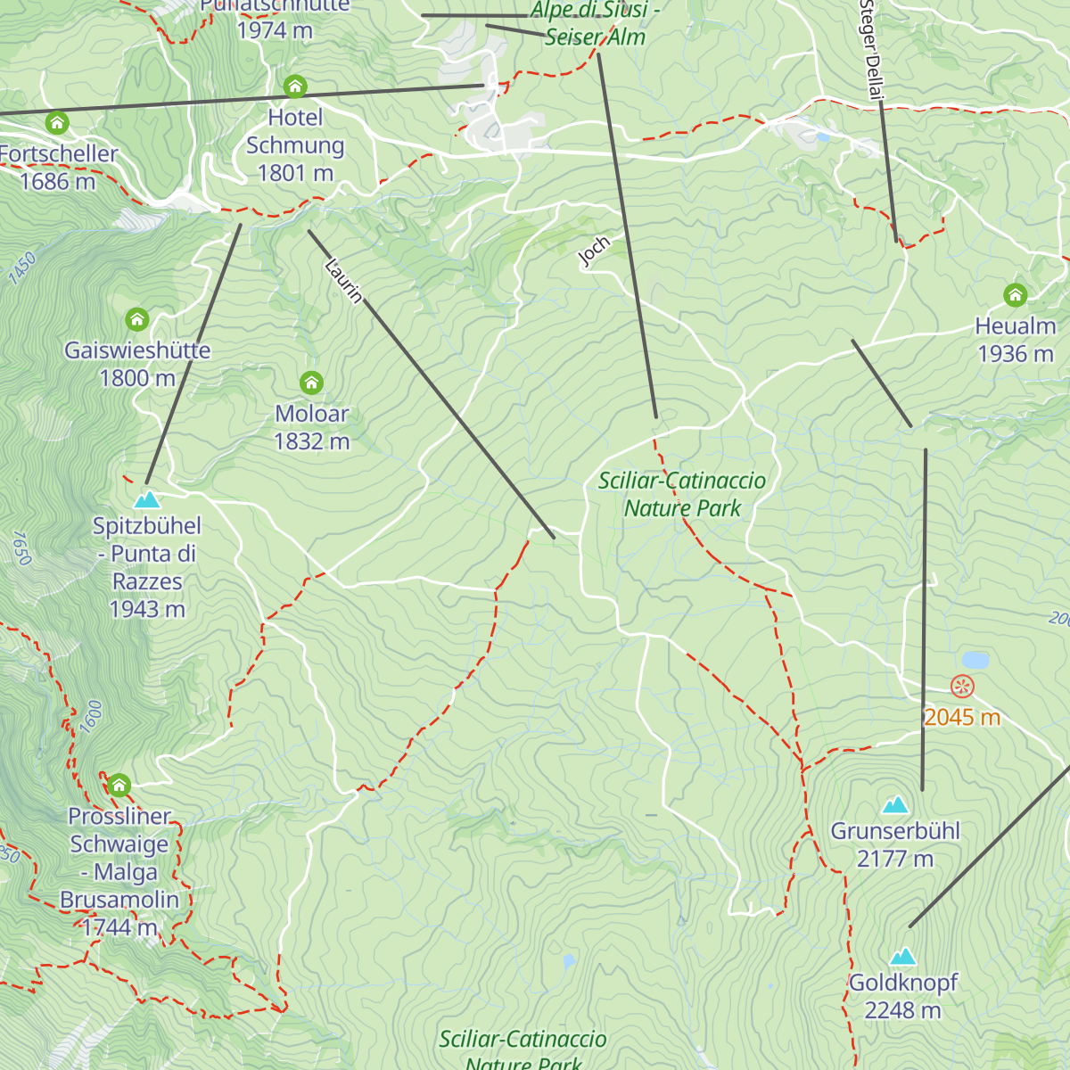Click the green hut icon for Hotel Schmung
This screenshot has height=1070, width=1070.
(295, 86)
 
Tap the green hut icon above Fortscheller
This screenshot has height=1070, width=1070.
(57, 122)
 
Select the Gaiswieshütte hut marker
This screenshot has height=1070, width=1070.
(136, 319)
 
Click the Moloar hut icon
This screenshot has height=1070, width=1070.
(311, 383)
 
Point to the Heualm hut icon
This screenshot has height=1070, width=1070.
(1015, 295)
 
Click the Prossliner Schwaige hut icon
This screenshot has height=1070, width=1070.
(119, 786)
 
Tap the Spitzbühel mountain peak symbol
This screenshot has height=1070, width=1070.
(147, 499)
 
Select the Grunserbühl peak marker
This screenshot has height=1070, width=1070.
(895, 805)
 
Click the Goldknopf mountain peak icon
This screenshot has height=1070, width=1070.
(903, 957)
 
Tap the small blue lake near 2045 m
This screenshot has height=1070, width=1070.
(975, 660)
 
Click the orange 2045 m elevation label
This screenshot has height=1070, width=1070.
(962, 717)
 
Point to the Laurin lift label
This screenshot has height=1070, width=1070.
(344, 280)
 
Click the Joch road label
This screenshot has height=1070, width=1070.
(595, 251)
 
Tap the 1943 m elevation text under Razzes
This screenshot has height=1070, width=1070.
(147, 609)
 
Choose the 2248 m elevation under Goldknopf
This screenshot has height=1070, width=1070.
(902, 1010)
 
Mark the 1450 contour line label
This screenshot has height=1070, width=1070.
(22, 268)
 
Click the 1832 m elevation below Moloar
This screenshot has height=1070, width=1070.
(311, 441)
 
